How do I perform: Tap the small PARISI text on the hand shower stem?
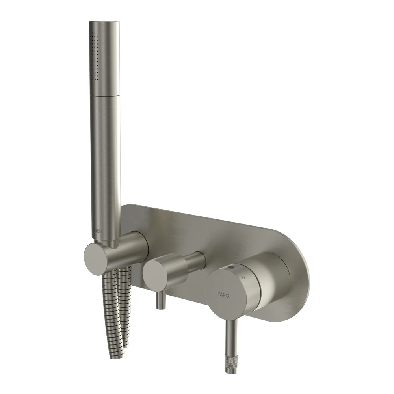97,231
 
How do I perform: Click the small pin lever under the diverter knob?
161,301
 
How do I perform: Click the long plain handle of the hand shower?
105,165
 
